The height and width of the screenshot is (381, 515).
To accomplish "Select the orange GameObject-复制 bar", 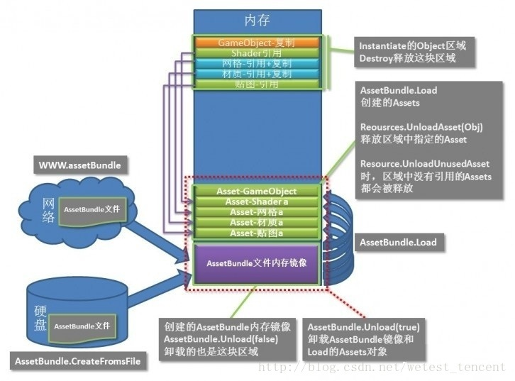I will point(257,43).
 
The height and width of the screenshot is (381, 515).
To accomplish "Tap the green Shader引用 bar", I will point(257,53).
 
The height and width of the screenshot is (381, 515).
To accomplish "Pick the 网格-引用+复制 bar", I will point(257,64).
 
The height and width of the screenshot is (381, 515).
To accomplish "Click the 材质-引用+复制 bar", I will point(257,74).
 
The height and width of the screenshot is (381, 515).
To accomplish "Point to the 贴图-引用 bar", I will point(257,84).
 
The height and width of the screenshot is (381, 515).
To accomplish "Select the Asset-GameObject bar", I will point(257,191).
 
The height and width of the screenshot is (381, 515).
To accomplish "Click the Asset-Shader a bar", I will point(257,201).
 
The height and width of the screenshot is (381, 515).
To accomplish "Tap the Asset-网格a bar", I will point(257,212).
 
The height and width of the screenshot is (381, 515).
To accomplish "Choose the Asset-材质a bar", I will point(257,223).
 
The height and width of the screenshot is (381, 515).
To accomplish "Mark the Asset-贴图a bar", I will point(257,233).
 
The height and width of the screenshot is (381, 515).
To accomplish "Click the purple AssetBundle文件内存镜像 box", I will point(257,263).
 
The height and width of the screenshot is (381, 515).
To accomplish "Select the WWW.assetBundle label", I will point(79,166).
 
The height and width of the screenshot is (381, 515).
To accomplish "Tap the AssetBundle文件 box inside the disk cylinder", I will point(82,326).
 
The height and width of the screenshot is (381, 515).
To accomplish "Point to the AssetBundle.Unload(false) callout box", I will point(227,338).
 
